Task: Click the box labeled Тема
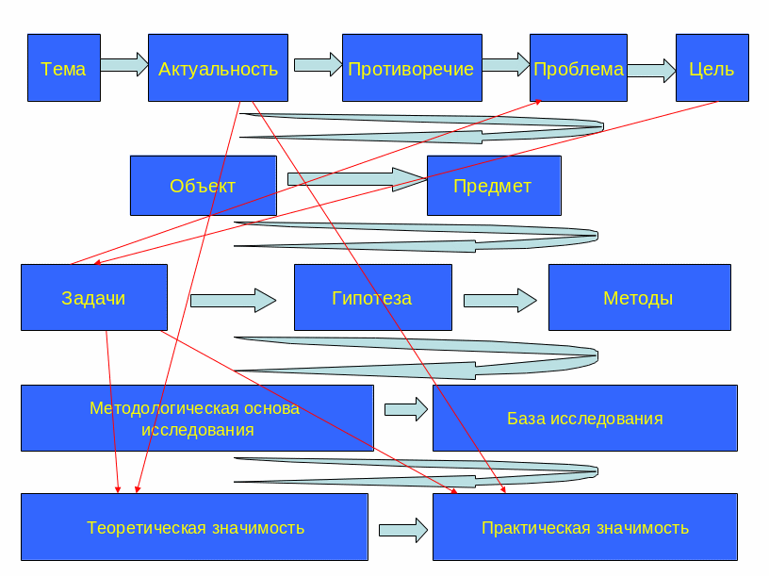tap(63, 68)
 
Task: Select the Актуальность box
tap(218, 68)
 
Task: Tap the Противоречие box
tap(411, 68)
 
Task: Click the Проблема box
tap(578, 68)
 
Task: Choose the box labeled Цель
tap(712, 68)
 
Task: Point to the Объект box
tap(203, 186)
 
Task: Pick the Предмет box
tap(493, 186)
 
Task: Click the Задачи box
tap(93, 298)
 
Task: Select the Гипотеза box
tap(372, 298)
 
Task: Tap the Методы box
tap(639, 298)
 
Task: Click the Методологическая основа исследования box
tap(196, 418)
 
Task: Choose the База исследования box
tap(584, 418)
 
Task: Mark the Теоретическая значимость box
tap(194, 527)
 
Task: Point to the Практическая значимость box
tap(584, 527)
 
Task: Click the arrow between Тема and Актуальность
tap(123, 65)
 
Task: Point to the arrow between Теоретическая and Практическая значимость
tap(400, 530)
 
